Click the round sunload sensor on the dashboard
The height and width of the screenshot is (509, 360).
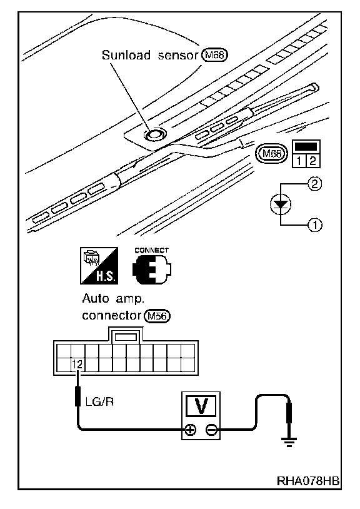pos(154,134)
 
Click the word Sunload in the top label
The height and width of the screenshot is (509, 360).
pos(126,55)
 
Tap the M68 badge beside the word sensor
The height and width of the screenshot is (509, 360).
pos(215,55)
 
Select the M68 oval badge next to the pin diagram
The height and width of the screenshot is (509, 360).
pos(271,153)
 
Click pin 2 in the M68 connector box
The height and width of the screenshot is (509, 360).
pos(312,161)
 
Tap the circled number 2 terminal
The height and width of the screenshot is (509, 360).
pos(314,184)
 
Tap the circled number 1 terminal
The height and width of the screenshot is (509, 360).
pos(314,224)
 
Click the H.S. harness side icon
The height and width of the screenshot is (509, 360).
pos(99,266)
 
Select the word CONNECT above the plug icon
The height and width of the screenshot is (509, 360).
pos(151,250)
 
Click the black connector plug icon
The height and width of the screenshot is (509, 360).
pos(152,270)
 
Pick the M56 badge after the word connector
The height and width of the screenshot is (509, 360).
pos(157,316)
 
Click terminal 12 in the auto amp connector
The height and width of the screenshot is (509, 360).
pos(77,365)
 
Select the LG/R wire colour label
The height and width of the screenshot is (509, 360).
pos(99,402)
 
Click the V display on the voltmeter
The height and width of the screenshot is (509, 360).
pos(201,406)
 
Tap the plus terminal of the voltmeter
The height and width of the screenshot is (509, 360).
pos(191,430)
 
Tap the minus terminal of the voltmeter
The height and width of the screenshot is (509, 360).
pos(211,430)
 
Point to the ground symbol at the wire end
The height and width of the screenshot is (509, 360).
pos(289,442)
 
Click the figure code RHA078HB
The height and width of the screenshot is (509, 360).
pos(307,480)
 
